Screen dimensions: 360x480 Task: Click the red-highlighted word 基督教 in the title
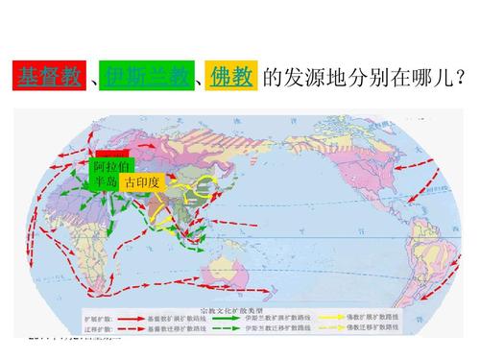(x=51, y=78)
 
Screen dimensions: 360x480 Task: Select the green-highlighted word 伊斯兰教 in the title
(x=140, y=78)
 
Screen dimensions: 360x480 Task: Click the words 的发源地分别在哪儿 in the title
(x=354, y=78)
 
